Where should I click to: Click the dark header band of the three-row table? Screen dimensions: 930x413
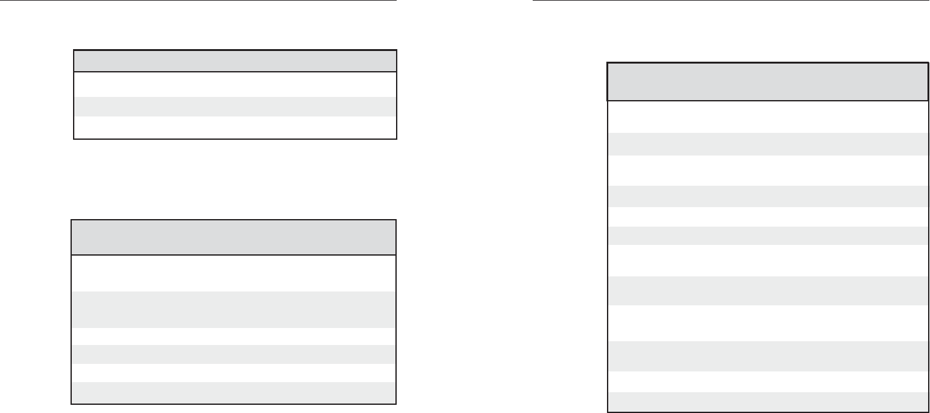[x=235, y=61]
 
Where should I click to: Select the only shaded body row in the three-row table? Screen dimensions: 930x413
[x=235, y=106]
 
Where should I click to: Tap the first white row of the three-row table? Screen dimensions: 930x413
[x=235, y=84]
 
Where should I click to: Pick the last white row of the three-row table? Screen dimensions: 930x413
[x=235, y=127]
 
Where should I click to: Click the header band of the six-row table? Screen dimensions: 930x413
[x=234, y=237]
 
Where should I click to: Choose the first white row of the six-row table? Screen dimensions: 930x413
[x=234, y=273]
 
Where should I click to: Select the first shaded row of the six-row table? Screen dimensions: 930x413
[x=234, y=309]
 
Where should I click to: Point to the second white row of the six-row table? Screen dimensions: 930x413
[x=234, y=336]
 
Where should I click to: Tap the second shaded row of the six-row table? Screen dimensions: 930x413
[x=234, y=354]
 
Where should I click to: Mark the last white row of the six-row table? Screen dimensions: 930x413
[x=234, y=373]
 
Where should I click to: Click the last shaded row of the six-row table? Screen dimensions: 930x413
[x=234, y=392]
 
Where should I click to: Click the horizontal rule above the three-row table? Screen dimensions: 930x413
[x=198, y=1]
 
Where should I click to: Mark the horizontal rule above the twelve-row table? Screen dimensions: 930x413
[x=731, y=1]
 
